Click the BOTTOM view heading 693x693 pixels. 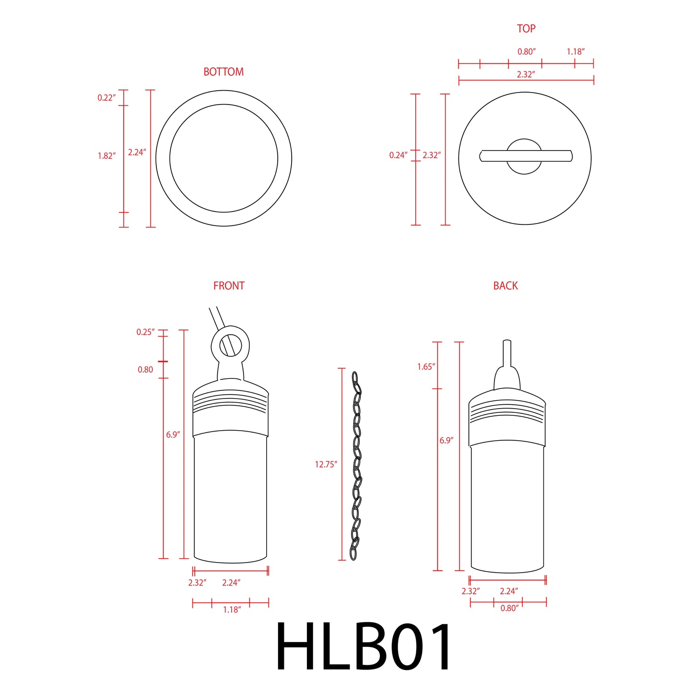[223, 72]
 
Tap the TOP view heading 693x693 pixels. [526, 29]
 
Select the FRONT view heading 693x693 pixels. [229, 286]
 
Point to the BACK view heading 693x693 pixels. [505, 286]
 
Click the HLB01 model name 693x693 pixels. [364, 647]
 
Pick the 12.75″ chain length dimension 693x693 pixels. [326, 464]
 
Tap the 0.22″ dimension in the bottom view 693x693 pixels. [106, 98]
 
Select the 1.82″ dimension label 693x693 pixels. [106, 156]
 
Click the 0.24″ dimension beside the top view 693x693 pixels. [398, 155]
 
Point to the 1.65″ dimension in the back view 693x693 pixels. [426, 367]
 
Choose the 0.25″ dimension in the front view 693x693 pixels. [145, 332]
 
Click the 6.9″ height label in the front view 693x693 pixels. [173, 435]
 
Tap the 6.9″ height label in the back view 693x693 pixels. [446, 440]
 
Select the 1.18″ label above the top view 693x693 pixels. [576, 52]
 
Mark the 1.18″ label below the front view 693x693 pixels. [232, 610]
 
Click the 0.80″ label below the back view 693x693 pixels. [509, 609]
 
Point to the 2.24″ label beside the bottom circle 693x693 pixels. [137, 153]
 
